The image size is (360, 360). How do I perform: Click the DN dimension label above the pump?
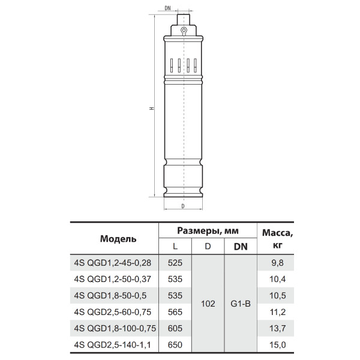point(168,8)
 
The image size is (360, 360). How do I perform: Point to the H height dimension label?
point(152,109)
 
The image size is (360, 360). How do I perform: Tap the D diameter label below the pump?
point(183,206)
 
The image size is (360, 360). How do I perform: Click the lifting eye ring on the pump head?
point(184,30)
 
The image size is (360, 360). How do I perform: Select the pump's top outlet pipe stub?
point(184,20)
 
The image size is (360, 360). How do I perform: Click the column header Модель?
point(118,239)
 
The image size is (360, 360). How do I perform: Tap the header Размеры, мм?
point(208,231)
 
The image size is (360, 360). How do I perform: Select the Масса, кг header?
point(278,239)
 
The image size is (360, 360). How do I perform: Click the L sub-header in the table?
point(175,247)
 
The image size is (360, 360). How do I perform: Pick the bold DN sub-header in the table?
point(241,247)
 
